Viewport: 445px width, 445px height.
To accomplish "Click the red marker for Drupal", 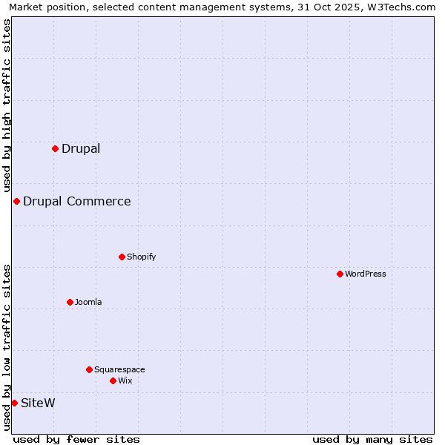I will pos(55,148).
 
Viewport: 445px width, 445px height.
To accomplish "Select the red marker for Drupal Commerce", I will pos(16,201).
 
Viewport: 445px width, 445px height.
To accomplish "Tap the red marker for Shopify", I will pos(122,257).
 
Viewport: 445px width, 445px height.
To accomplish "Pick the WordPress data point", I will pos(340,274).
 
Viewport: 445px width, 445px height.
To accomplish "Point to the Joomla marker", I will pos(70,302).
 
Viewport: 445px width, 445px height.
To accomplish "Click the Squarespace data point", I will pos(89,369).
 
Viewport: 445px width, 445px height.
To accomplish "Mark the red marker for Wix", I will pos(113,380).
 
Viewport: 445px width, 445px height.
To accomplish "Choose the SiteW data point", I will pos(14,403).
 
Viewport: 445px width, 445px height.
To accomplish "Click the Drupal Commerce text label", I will pos(77,201).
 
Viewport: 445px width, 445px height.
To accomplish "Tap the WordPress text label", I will pos(366,274).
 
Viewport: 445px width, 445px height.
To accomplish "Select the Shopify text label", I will pos(141,257).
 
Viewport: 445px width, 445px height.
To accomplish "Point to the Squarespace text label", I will pos(119,369).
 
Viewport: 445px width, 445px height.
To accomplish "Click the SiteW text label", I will pos(38,403).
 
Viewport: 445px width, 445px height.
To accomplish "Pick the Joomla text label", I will pos(88,302).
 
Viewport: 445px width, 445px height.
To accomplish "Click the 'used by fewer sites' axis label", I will pos(76,439).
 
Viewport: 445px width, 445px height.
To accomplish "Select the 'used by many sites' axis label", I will pos(372,439).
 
